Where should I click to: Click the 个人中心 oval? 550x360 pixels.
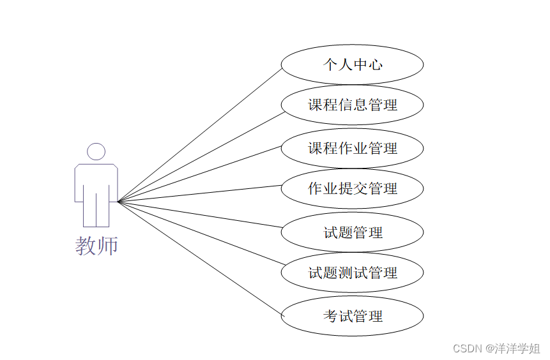(352, 64)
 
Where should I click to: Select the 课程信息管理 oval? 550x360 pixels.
(352, 105)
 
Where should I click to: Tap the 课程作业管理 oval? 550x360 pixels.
(352, 148)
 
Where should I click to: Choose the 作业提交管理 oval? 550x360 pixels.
(352, 188)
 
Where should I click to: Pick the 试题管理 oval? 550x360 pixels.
(352, 232)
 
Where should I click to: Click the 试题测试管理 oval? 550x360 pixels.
(352, 273)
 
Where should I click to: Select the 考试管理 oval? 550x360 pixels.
(352, 315)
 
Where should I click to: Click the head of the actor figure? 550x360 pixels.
(96, 151)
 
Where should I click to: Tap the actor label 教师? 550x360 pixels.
(96, 245)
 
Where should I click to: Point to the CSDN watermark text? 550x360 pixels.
(467, 349)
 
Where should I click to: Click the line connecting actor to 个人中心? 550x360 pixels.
(200, 135)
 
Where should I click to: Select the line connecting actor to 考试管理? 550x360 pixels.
(200, 258)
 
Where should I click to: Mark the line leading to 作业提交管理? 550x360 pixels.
(200, 193)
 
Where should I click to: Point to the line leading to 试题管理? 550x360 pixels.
(200, 214)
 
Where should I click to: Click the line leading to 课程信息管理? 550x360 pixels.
(200, 158)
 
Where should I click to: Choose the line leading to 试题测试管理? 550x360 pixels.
(200, 233)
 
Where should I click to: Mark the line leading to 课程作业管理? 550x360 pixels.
(200, 174)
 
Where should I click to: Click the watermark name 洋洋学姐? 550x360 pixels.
(518, 349)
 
